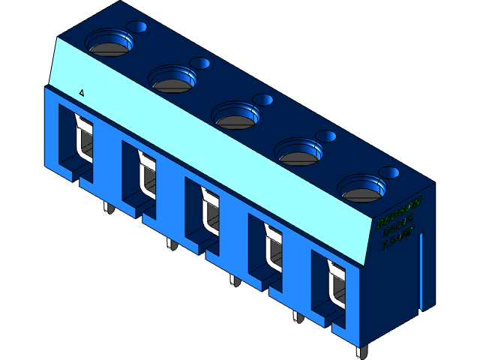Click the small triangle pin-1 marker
(82, 93)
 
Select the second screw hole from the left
(173, 77)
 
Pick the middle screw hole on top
(236, 114)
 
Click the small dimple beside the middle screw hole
(263, 99)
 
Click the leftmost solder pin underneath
(107, 208)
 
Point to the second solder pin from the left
(170, 244)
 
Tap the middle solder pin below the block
(233, 280)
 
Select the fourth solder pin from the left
(297, 316)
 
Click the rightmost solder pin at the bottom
(361, 352)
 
